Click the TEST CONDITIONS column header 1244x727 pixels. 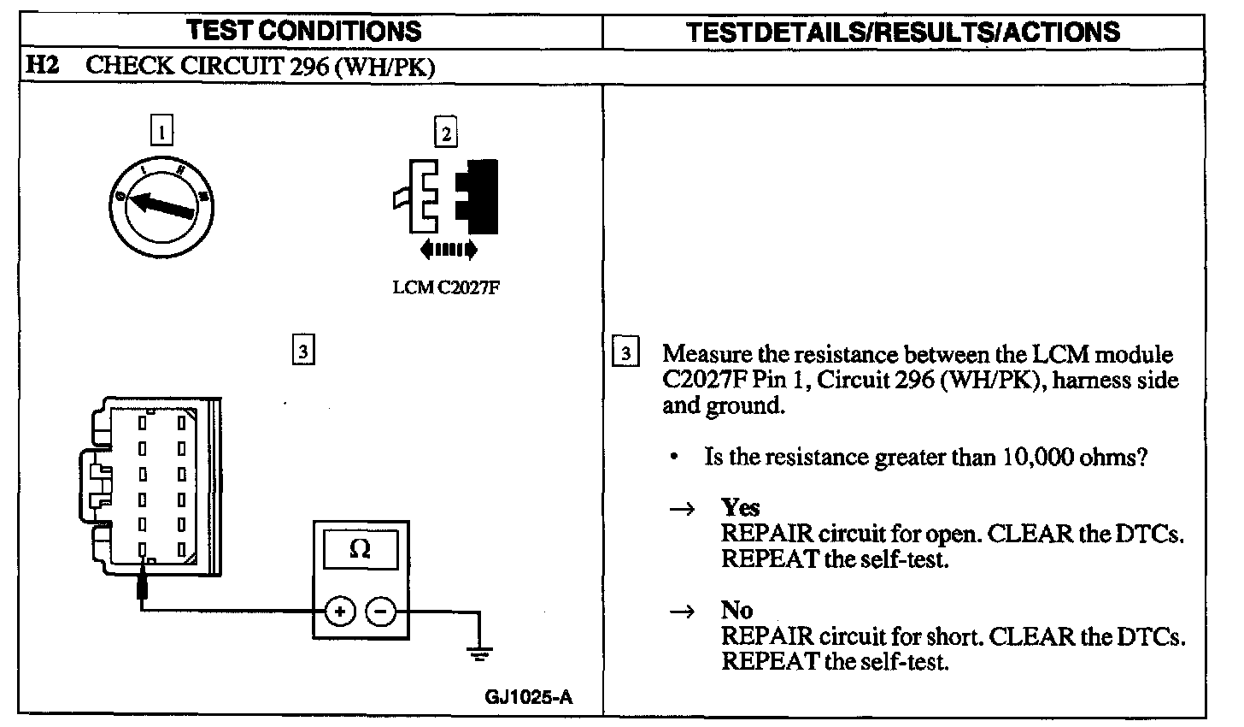pos(304,32)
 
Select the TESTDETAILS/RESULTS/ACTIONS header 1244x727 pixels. pos(903,33)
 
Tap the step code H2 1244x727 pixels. pos(42,66)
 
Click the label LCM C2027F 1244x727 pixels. pos(445,287)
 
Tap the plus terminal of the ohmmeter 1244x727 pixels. pos(339,612)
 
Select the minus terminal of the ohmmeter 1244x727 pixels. pos(381,612)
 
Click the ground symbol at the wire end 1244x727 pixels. pos(480,654)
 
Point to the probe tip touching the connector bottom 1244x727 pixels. pos(143,585)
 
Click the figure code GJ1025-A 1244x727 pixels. pos(529,697)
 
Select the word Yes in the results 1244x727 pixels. pos(740,507)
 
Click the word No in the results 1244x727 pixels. pos(736,610)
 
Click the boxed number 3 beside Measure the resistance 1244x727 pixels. pos(626,353)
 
